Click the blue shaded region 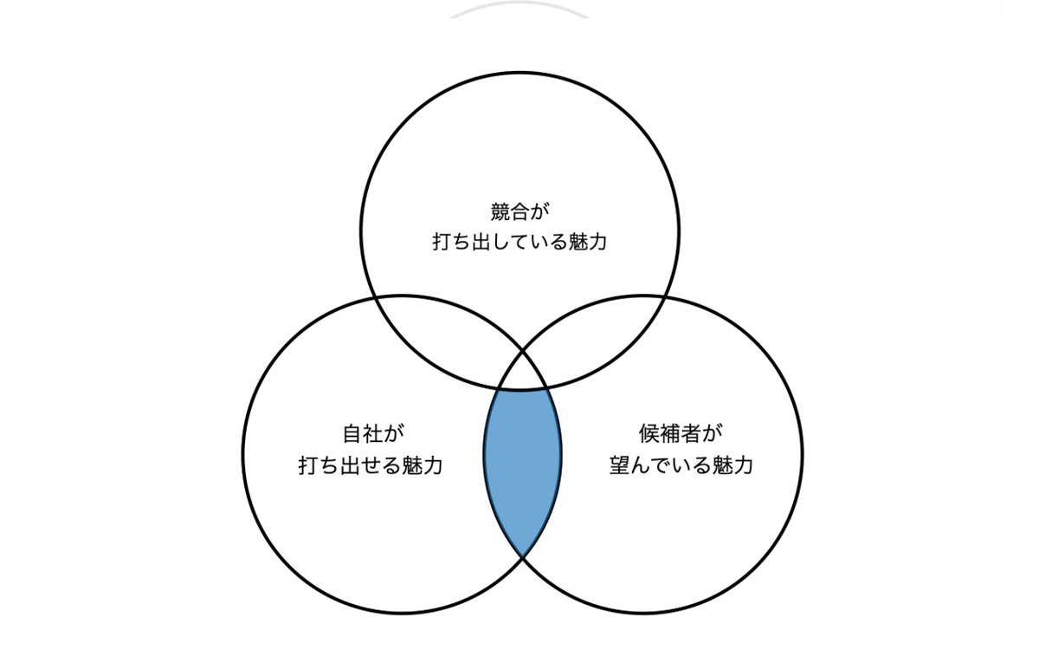(x=522, y=468)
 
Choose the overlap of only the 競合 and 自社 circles (x=450, y=334)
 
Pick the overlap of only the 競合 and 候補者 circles (x=596, y=334)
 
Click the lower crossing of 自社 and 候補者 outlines (x=523, y=557)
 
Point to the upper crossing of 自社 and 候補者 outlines (x=522, y=352)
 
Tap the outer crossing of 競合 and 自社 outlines (x=375, y=297)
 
